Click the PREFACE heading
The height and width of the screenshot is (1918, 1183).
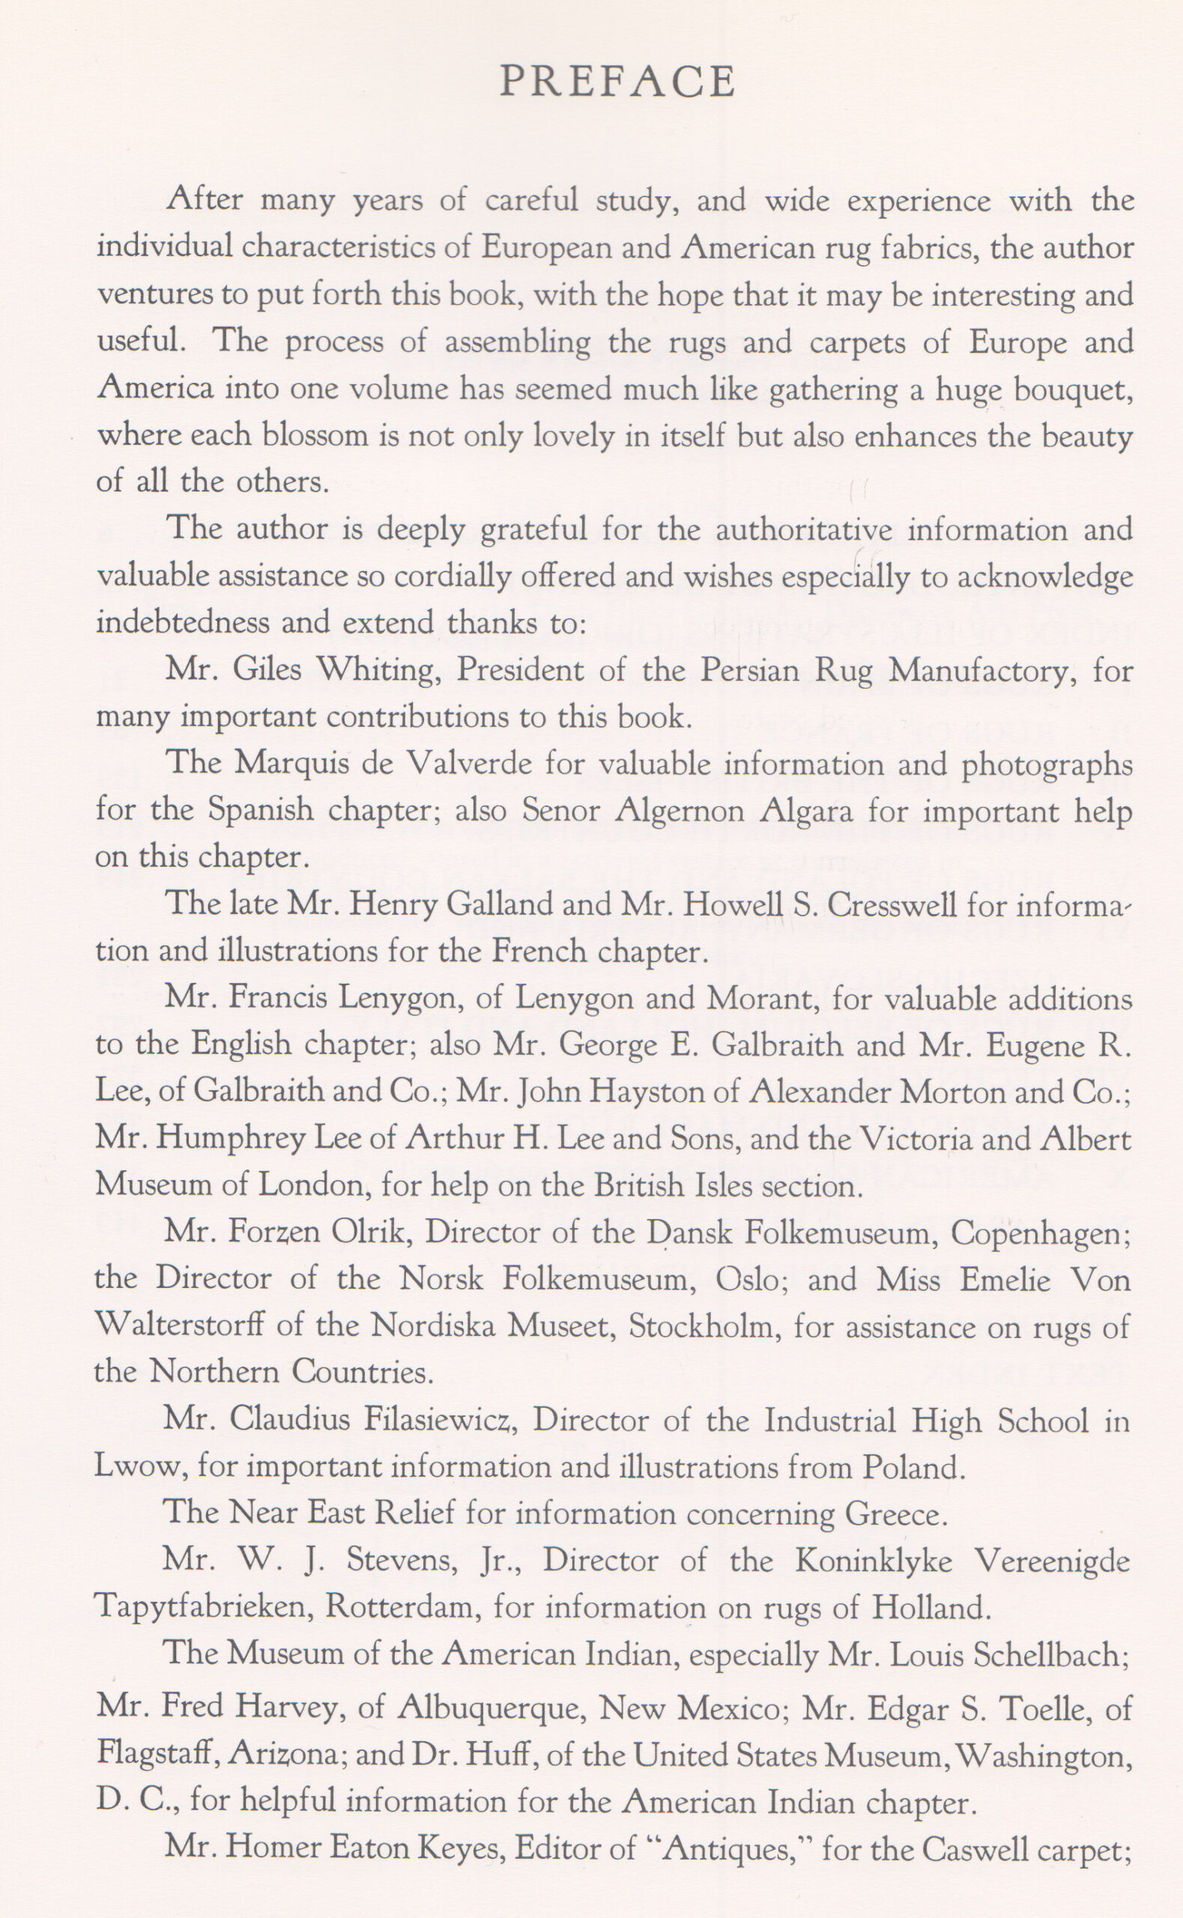click(617, 82)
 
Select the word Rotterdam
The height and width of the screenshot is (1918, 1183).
click(404, 1608)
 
